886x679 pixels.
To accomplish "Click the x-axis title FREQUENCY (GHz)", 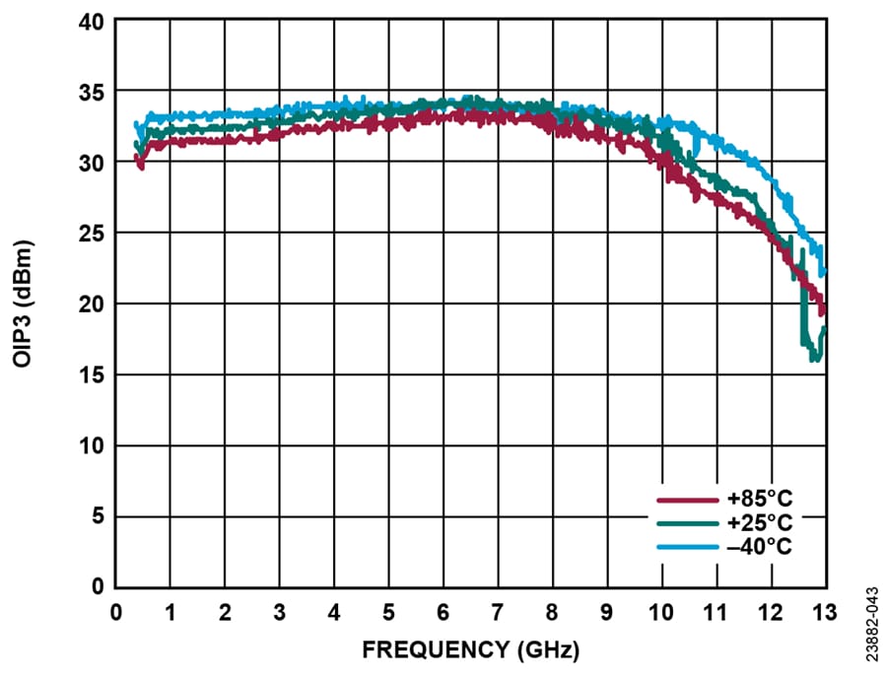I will click(470, 650).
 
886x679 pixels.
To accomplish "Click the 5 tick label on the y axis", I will click(99, 517).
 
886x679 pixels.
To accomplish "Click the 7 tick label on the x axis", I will click(497, 612).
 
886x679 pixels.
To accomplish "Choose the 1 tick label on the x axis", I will click(170, 612).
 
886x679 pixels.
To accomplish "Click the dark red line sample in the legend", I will click(688, 500).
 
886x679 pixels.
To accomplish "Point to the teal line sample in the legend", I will click(688, 522).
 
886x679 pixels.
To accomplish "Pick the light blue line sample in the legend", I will click(688, 545).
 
